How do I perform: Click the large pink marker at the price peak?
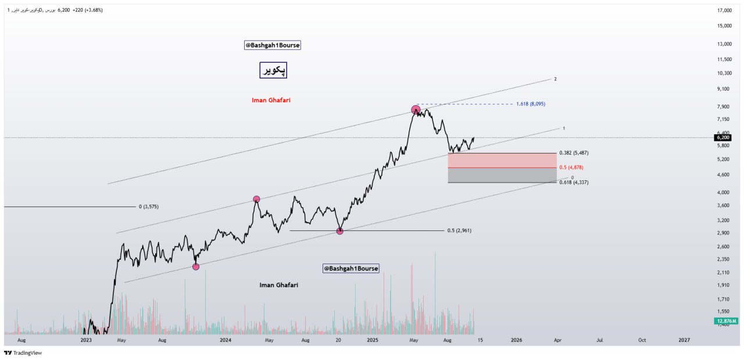[416, 109]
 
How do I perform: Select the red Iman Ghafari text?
[271, 100]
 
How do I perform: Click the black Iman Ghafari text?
[278, 285]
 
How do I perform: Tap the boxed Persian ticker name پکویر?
[273, 70]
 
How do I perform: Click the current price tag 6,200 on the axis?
[723, 138]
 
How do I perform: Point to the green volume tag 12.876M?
[727, 321]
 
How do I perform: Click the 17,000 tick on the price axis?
[724, 10]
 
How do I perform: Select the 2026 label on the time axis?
[515, 340]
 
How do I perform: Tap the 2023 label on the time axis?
[86, 340]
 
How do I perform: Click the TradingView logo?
[23, 352]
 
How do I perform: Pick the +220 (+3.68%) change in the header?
[87, 10]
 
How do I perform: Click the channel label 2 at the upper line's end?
[556, 79]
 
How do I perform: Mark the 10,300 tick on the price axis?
[724, 73]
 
